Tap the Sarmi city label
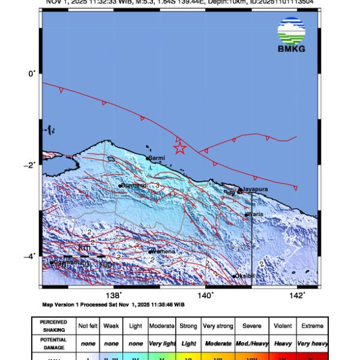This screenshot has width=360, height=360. click(157, 158)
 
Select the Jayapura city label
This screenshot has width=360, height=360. click(254, 190)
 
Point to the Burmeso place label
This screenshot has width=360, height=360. click(134, 185)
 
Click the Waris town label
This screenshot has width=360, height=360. click(256, 214)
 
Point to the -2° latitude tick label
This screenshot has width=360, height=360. click(31, 164)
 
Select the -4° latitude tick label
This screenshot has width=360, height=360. click(31, 256)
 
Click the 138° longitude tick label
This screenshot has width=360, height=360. click(113, 295)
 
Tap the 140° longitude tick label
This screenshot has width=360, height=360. click(205, 295)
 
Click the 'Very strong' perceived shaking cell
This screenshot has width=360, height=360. click(217, 326)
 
